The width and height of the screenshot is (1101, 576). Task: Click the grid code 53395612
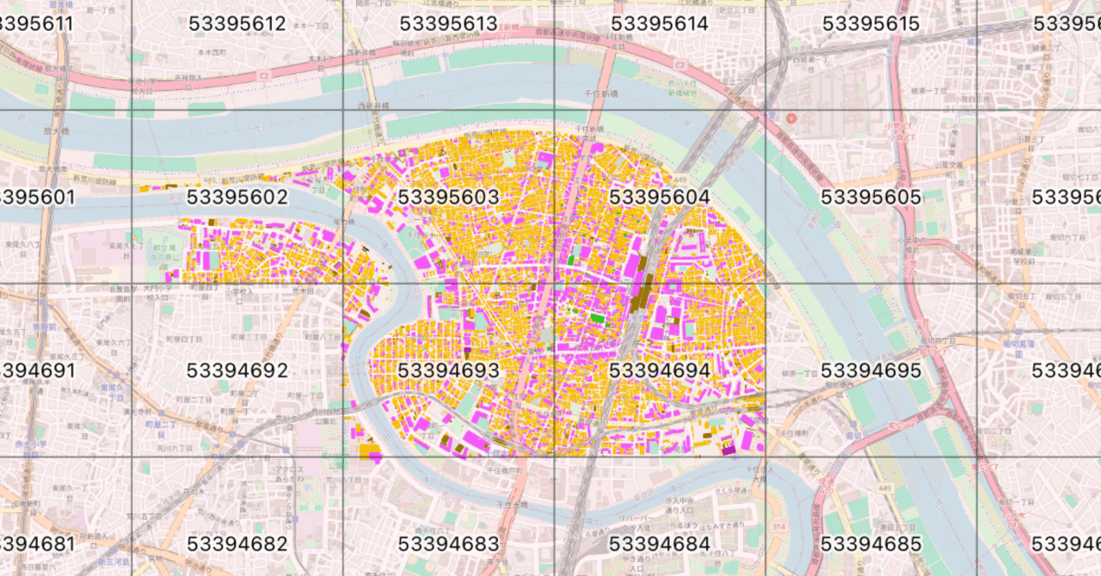click(237, 24)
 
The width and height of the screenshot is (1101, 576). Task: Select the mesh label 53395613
click(448, 24)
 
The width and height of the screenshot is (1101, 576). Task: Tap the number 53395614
click(659, 24)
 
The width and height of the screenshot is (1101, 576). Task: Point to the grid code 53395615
click(870, 24)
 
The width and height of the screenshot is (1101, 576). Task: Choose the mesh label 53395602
click(237, 198)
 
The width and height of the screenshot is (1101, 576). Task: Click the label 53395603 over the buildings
click(448, 198)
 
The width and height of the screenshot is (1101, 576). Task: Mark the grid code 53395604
click(659, 198)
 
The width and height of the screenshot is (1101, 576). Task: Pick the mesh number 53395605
click(870, 198)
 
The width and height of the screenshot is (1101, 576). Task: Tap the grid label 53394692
click(237, 371)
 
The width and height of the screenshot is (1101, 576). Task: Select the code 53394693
click(448, 371)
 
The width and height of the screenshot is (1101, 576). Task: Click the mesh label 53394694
click(659, 371)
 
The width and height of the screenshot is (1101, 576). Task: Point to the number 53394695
click(870, 371)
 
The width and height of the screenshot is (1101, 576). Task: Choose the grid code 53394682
click(237, 544)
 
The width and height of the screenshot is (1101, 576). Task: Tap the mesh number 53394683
click(448, 544)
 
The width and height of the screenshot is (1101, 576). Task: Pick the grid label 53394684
click(659, 544)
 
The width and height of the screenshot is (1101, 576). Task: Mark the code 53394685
click(870, 544)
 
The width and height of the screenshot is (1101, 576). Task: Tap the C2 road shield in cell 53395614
click(679, 65)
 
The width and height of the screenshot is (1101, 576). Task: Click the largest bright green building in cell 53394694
click(596, 318)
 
